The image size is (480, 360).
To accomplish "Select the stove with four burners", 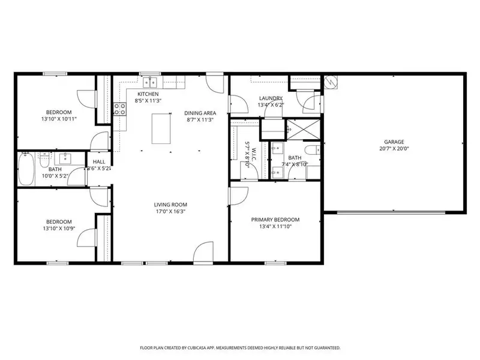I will click(x=119, y=109).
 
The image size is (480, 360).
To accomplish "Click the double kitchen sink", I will click(x=148, y=83).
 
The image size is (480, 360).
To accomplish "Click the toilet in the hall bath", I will click(x=43, y=160).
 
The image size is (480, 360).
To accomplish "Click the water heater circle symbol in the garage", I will click(x=329, y=82).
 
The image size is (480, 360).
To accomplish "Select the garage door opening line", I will click(x=394, y=212).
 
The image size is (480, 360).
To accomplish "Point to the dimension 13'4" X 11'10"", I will click(x=275, y=227).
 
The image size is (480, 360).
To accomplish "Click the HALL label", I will click(x=98, y=161).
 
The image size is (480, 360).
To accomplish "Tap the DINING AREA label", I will click(x=200, y=113).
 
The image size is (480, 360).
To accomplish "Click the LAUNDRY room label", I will click(x=271, y=98).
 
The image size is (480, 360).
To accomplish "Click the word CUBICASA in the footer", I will click(x=206, y=347).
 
